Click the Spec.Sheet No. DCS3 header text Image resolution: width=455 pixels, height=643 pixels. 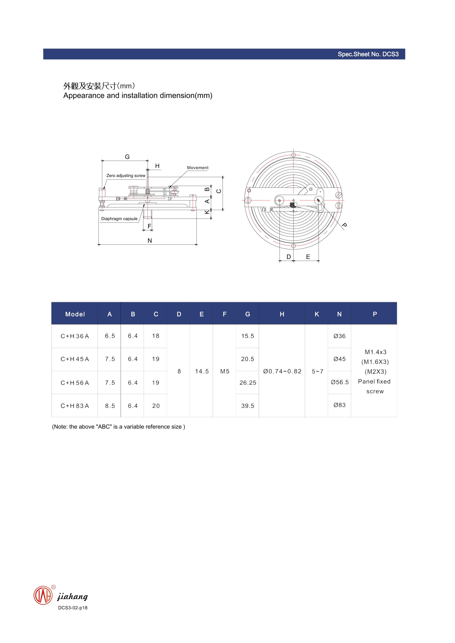pos(368,54)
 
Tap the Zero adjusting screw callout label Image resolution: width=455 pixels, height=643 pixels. pos(126,176)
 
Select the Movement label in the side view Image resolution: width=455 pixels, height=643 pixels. pos(198,168)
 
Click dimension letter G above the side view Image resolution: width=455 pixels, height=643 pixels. pos(127,157)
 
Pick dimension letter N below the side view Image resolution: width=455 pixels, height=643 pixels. pos(150,240)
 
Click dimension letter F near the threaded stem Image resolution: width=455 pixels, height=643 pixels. pos(149,226)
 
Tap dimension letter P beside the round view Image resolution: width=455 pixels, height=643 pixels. pos(345,225)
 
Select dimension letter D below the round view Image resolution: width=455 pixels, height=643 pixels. pos(288,257)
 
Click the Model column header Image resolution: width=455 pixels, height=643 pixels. pos(75,314)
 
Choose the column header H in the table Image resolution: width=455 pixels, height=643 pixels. pos(282,314)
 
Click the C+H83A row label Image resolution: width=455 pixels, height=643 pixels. pos(75,406)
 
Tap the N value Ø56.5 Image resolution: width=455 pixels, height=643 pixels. pos(339,382)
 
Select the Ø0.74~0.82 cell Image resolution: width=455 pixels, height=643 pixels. pos(282,371)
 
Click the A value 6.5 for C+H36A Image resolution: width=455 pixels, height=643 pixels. pos(110,336)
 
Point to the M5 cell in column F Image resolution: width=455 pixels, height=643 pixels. pos(225,371)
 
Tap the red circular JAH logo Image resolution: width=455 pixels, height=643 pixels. pos(43,595)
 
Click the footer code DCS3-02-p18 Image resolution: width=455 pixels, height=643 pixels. pos(73,608)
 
